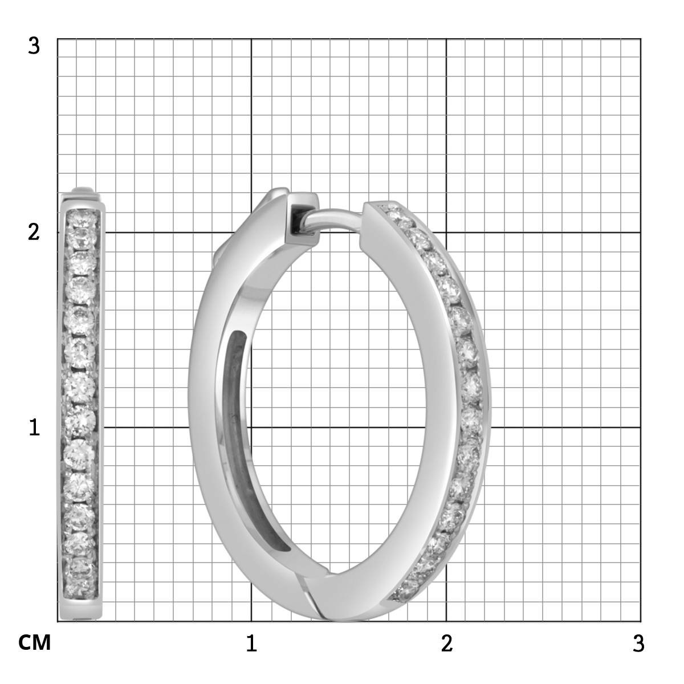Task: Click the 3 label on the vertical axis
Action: click(34, 46)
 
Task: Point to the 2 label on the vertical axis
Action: click(34, 233)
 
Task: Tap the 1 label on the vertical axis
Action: click(34, 427)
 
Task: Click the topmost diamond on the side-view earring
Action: click(81, 218)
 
